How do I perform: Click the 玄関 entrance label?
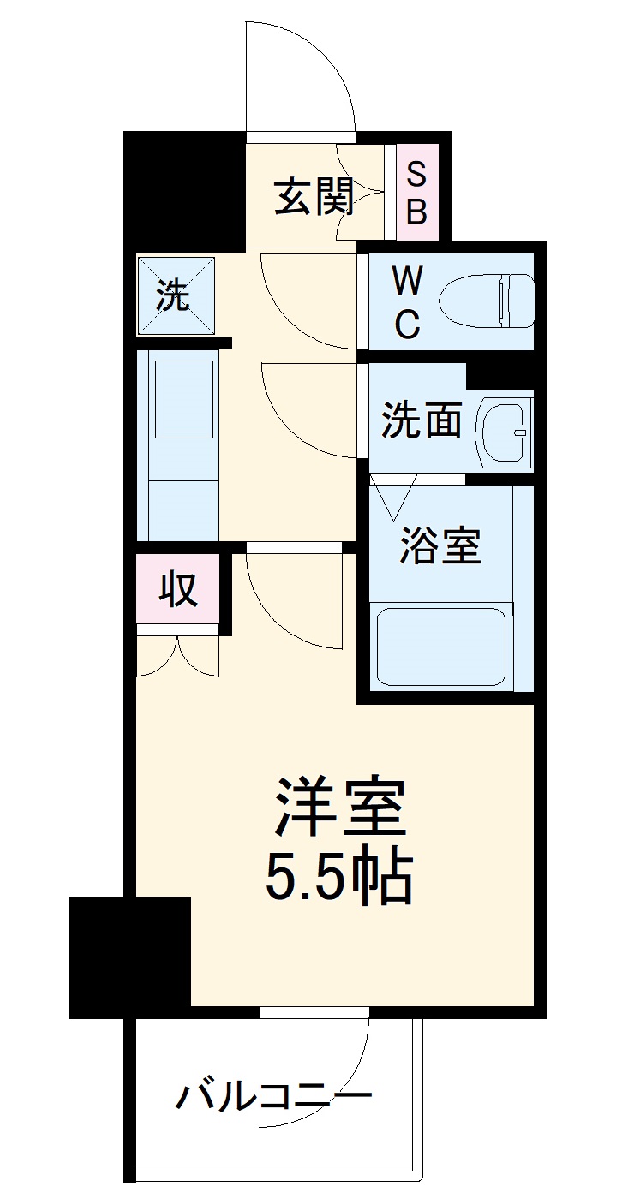314,198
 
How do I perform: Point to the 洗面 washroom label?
422,420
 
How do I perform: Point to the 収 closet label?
178,590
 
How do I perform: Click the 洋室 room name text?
339,808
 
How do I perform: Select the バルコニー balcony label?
275,1096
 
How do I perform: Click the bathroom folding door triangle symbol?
392,496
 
